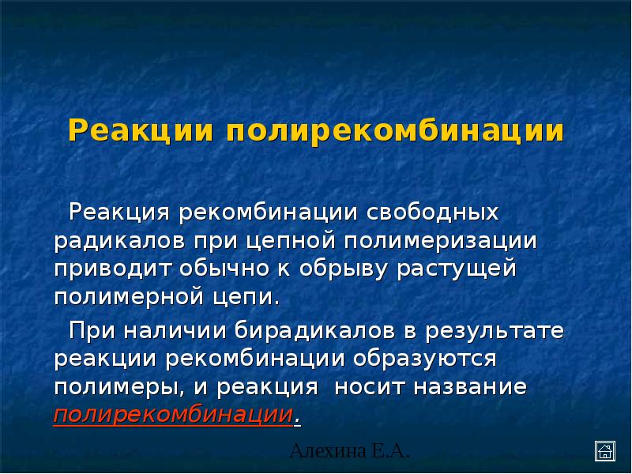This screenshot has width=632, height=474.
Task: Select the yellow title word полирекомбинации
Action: (397, 130)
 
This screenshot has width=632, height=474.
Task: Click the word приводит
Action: (109, 269)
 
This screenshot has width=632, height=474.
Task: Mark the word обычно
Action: (224, 269)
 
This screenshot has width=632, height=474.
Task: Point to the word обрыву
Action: (343, 269)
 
